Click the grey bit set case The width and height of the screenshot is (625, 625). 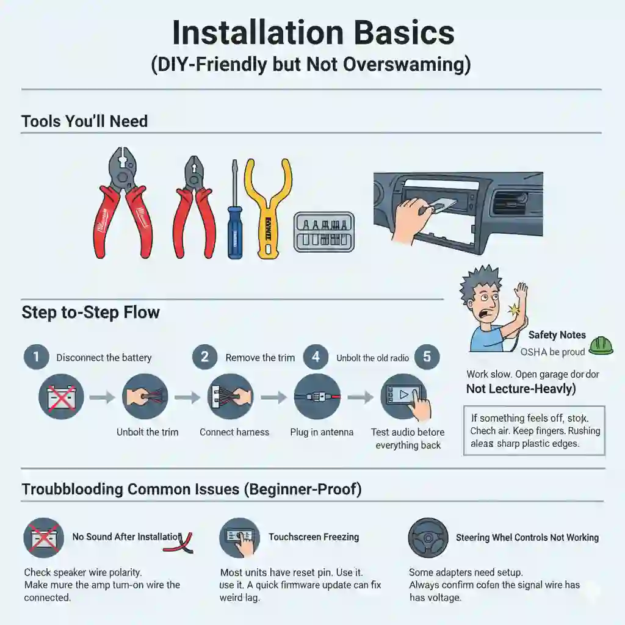[323, 232]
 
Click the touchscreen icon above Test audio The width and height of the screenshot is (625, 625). [403, 397]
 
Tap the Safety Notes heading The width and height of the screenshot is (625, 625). [557, 334]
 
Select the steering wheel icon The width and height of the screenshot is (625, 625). [428, 537]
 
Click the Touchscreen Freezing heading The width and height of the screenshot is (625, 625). [314, 537]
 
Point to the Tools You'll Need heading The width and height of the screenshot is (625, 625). [84, 121]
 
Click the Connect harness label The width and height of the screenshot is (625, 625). [234, 432]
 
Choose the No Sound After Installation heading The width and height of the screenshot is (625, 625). [127, 537]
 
